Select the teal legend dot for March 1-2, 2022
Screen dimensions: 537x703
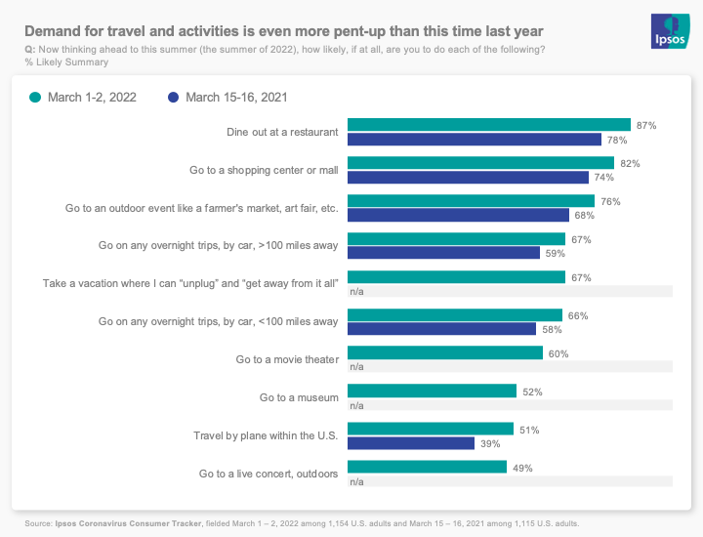36,98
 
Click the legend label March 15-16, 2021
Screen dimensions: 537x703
236,98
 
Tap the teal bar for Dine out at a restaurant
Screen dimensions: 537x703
489,125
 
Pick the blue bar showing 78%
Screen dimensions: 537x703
475,140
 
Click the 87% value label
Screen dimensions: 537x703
645,126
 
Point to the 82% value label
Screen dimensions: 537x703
630,164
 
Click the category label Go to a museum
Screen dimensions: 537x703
299,397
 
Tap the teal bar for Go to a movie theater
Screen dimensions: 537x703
445,353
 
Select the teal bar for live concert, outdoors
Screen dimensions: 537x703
428,468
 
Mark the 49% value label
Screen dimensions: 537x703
522,468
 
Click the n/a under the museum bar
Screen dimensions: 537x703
356,405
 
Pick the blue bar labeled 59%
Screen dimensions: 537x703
444,254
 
